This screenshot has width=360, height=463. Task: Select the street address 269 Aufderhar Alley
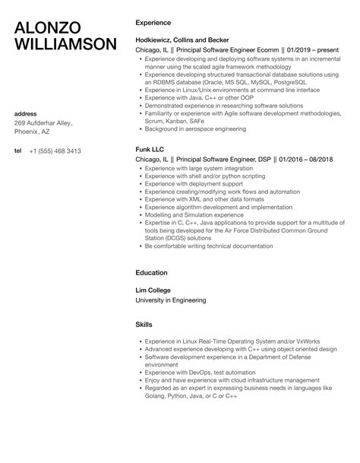tap(47, 122)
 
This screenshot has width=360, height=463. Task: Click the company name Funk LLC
tap(150, 171)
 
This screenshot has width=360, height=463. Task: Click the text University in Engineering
tap(169, 300)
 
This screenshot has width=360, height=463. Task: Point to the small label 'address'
tap(27, 113)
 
